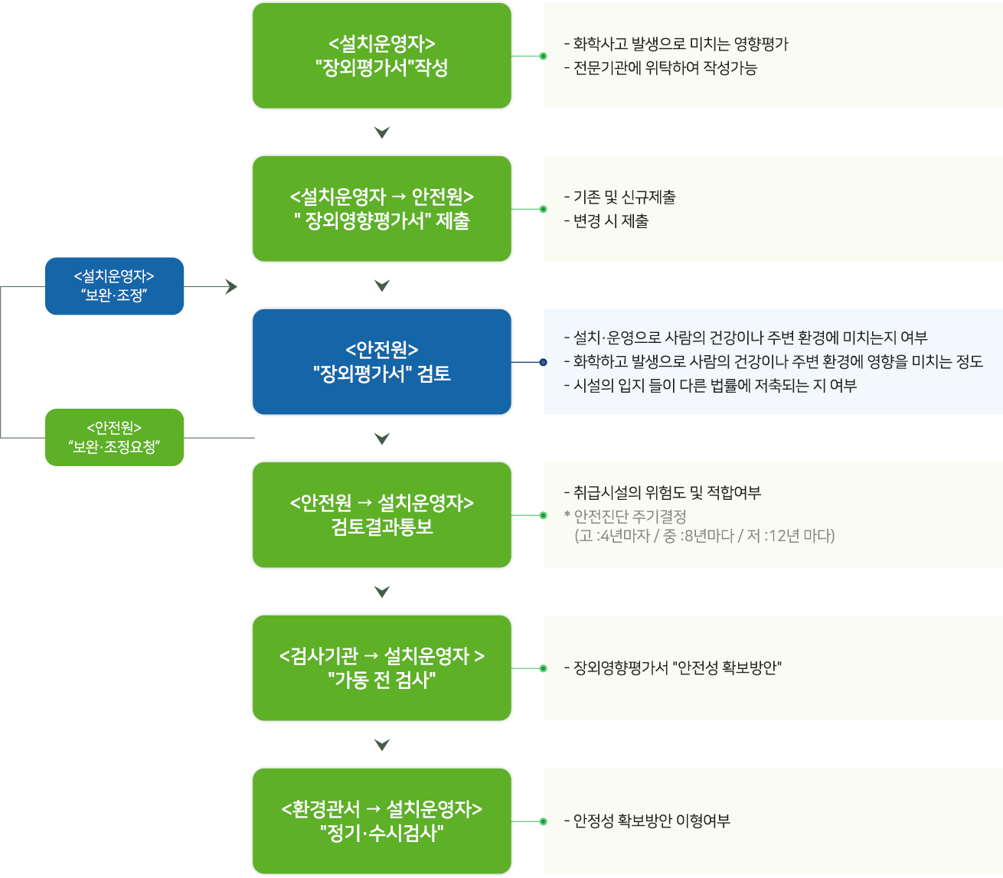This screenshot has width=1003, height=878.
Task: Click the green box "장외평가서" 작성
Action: [381, 56]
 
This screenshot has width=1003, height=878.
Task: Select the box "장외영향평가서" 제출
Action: [381, 209]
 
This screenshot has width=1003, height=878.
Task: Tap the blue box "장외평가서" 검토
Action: [381, 362]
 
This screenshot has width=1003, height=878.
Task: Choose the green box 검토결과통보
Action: [381, 515]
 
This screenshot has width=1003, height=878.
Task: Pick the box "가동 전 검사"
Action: [381, 668]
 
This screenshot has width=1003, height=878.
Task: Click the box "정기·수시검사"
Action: [381, 821]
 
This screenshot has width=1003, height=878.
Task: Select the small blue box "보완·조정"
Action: [114, 286]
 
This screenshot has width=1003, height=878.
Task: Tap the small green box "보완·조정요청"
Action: [114, 437]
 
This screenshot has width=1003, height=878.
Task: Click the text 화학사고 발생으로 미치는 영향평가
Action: [676, 44]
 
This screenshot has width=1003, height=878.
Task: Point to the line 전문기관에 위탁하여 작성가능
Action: [660, 68]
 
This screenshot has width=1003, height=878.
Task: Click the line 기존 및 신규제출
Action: [619, 197]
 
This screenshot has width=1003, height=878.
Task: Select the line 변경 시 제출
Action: [606, 221]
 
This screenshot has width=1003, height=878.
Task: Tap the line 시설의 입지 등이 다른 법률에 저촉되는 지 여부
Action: [710, 386]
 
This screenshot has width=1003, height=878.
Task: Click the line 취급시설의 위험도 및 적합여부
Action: [662, 493]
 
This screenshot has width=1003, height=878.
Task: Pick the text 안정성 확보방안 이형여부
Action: [647, 821]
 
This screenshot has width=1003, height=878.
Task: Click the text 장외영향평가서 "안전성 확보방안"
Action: [672, 668]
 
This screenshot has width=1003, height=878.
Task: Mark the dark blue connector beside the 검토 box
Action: [530, 362]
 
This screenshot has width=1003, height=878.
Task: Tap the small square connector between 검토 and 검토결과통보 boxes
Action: [381, 439]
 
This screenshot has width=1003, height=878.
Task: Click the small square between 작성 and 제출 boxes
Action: [381, 132]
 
